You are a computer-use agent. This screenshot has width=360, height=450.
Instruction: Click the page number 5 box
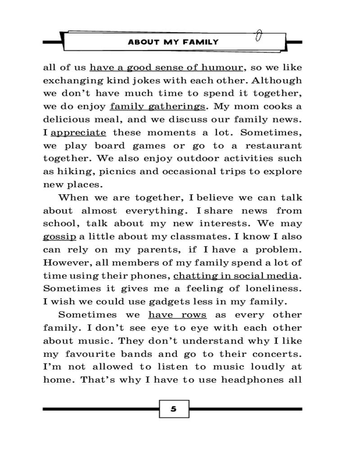(x=174, y=409)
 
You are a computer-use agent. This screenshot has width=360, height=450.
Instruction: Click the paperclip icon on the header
(x=259, y=36)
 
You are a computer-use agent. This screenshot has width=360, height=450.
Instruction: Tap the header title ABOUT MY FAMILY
(x=173, y=42)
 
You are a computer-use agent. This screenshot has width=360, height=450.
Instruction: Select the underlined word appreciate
(x=79, y=133)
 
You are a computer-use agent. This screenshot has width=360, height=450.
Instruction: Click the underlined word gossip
(x=59, y=237)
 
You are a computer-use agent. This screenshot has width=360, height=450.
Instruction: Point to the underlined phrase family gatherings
(x=157, y=107)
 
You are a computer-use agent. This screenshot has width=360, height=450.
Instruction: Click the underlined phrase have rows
(x=177, y=315)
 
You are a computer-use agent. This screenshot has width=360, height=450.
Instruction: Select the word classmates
(x=196, y=237)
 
